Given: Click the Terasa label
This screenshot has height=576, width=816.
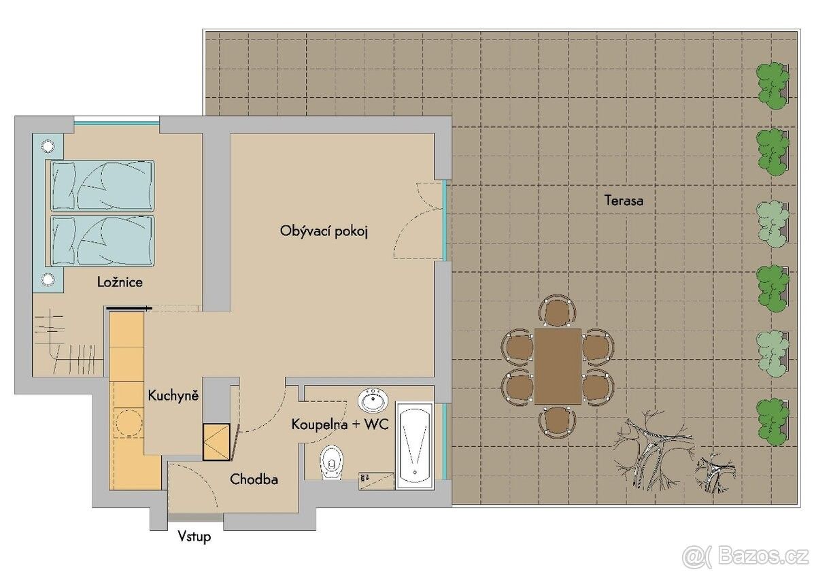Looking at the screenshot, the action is tap(624, 201).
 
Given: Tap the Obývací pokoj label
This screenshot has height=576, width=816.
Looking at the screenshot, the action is tap(324, 231).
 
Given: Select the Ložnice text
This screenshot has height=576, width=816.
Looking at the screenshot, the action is tap(120, 282).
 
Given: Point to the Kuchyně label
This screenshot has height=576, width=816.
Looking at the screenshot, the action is tap(173, 396).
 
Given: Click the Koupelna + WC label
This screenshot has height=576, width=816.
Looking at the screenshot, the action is tap(340, 424).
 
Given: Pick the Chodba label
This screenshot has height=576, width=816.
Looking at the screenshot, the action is tap(254, 479).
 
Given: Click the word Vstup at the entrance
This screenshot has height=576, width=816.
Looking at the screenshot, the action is tap(194, 537).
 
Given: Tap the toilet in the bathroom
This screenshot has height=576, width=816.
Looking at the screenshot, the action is tap(332, 462).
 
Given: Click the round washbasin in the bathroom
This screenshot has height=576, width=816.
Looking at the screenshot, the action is tap(373, 401).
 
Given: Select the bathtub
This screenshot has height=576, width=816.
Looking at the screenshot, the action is tap(415, 445).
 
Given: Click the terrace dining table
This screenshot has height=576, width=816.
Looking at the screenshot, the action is tap(558, 366).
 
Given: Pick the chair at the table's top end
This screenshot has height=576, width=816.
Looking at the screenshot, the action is tap(558, 310).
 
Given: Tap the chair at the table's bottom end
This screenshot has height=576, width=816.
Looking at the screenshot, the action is tap(558, 422).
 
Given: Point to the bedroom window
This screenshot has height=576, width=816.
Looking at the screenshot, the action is tap(116, 122).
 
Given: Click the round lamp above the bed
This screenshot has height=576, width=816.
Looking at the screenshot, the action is tap(48, 146).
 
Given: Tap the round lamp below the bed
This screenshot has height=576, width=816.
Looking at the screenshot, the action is tap(48, 279).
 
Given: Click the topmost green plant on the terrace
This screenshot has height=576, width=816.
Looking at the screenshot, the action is tap(772, 86).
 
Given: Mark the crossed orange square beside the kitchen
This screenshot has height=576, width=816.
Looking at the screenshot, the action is tap(217, 442).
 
